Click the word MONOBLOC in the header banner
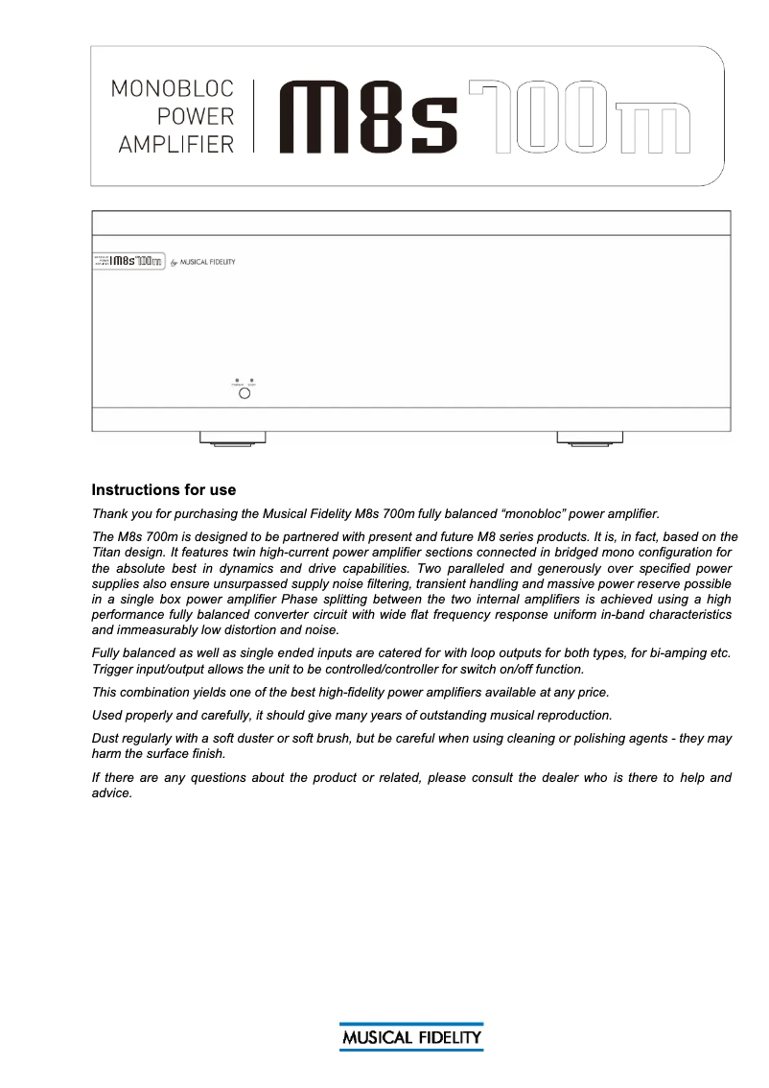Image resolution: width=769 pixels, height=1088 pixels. [x=173, y=89]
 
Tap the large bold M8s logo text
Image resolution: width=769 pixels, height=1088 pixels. [x=367, y=117]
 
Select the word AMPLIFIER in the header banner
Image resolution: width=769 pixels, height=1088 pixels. [x=175, y=144]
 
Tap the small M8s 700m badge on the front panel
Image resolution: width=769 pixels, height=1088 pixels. [x=128, y=261]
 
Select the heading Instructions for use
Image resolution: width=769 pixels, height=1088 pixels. [x=163, y=490]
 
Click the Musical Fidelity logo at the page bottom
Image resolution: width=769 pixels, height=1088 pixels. [x=410, y=1037]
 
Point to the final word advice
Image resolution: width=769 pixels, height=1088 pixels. [x=110, y=793]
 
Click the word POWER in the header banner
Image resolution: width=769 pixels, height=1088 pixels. [x=196, y=117]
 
